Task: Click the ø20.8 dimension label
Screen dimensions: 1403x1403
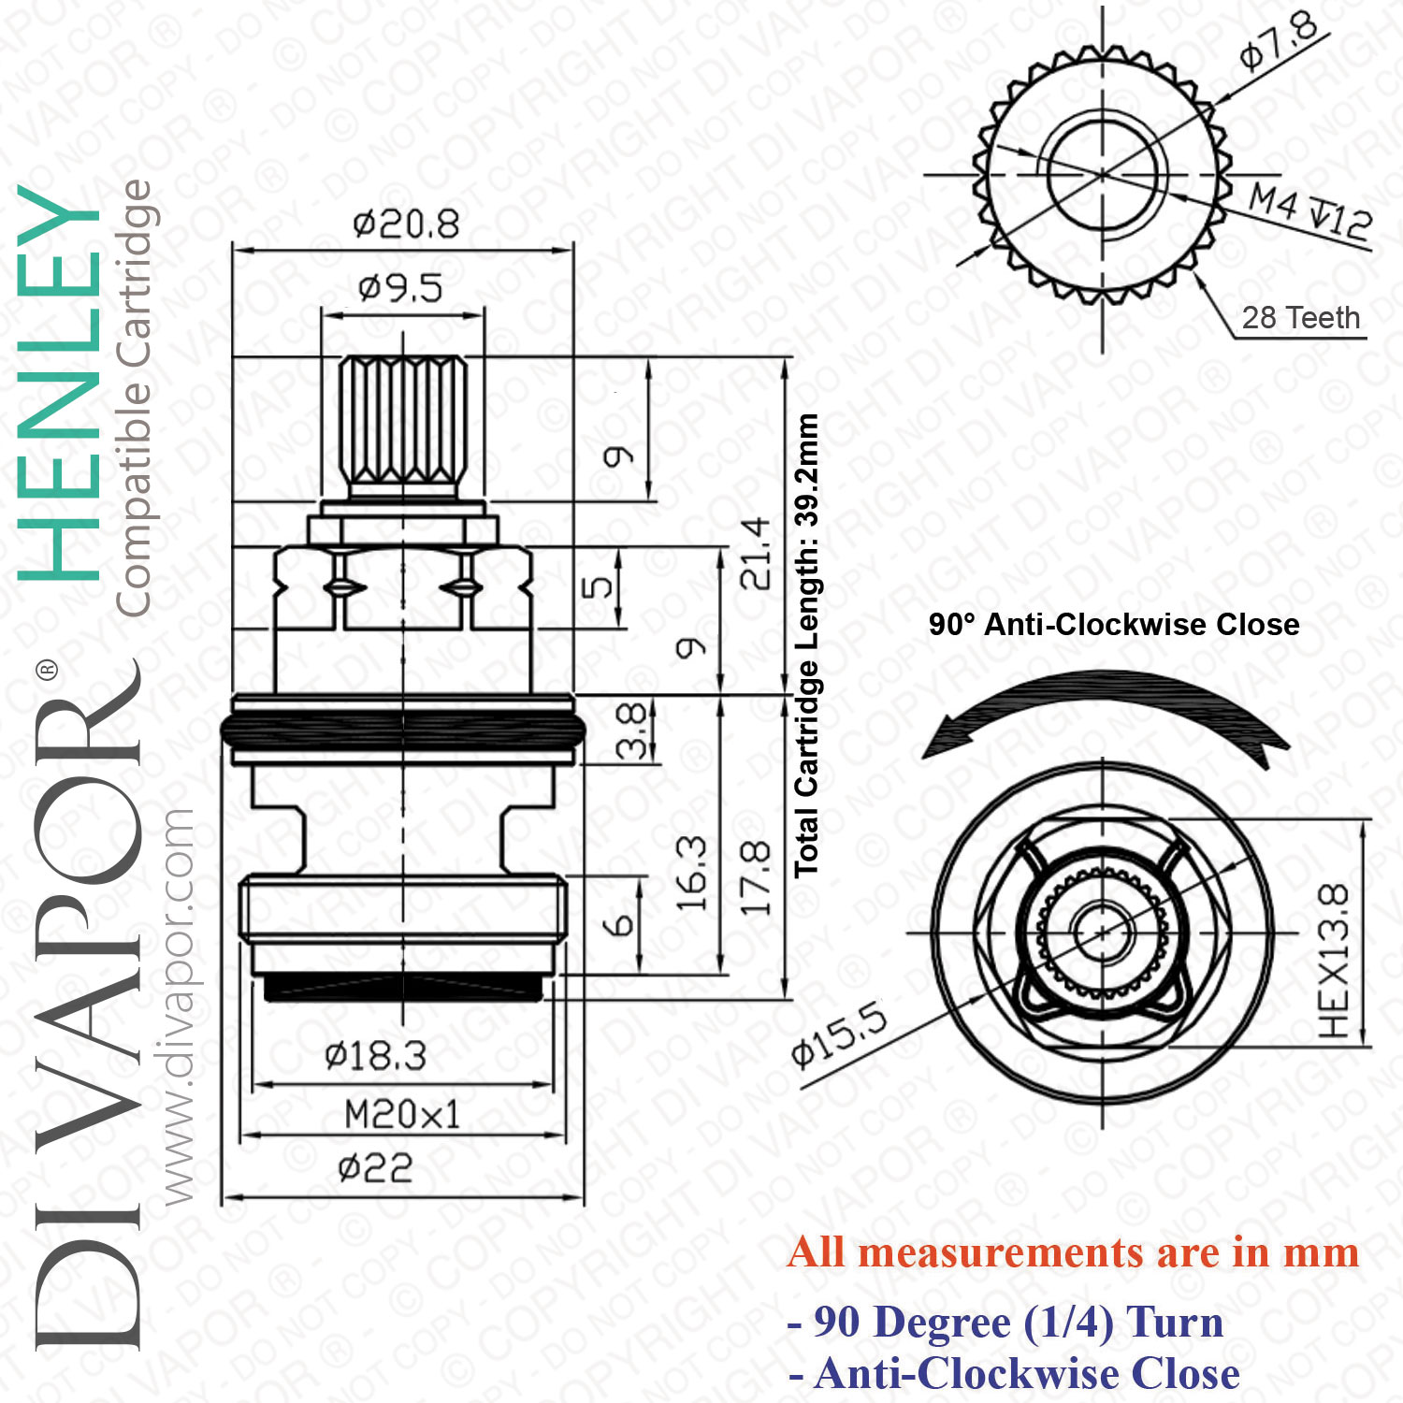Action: click(406, 224)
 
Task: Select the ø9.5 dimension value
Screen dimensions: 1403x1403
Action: click(400, 288)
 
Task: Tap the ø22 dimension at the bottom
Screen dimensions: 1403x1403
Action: click(375, 1168)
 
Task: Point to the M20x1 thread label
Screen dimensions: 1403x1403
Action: click(402, 1115)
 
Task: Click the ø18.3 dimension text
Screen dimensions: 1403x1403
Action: click(375, 1057)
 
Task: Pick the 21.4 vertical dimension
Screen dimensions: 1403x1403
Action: click(756, 554)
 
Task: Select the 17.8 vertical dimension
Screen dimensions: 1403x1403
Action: click(756, 877)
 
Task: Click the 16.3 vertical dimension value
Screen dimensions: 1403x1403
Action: click(691, 875)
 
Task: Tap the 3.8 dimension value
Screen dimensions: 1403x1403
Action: click(632, 730)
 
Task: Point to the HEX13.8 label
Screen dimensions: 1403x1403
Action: click(1334, 961)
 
